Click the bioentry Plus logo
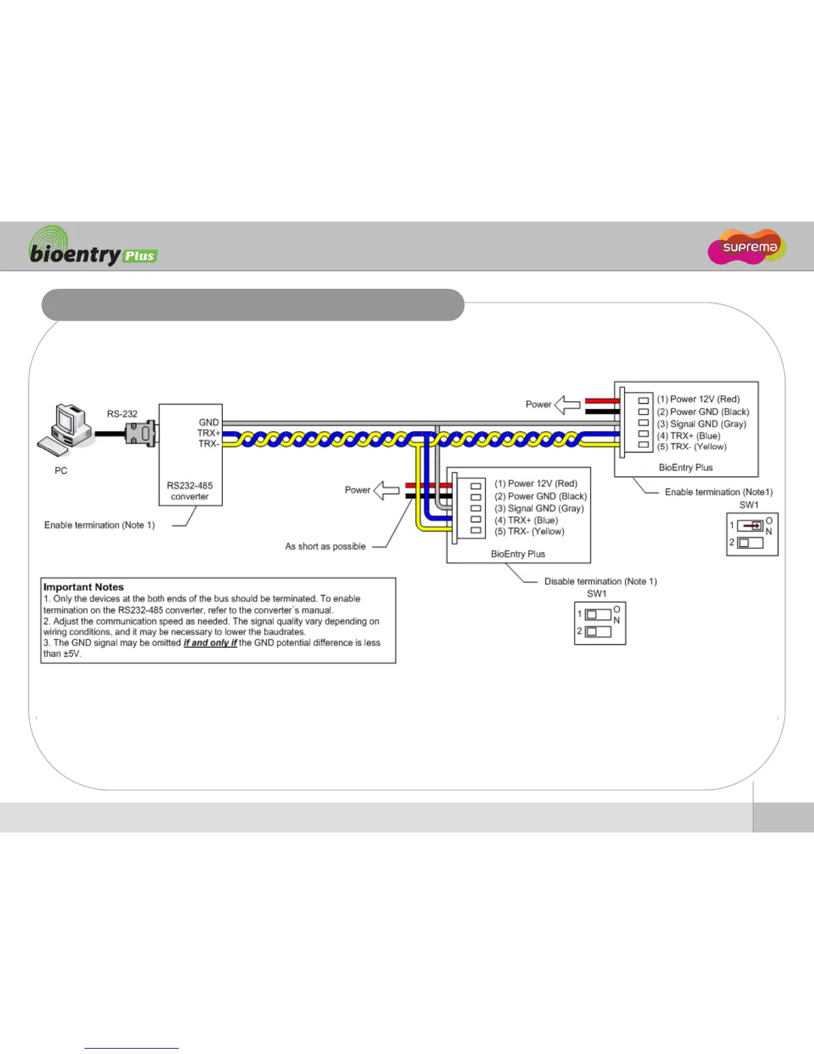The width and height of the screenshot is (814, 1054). tap(93, 247)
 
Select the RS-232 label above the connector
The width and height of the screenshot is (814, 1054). tap(122, 414)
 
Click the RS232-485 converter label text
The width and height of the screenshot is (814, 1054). tap(190, 491)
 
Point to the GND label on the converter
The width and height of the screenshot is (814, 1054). tap(208, 423)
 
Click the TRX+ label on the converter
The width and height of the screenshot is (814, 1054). tap(208, 433)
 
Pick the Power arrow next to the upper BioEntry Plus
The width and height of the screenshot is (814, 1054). tap(567, 405)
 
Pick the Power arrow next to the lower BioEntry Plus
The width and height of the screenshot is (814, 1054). tap(386, 490)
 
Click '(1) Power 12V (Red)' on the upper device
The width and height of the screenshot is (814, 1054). tap(698, 399)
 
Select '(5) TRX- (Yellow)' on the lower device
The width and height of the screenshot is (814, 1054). tap(529, 532)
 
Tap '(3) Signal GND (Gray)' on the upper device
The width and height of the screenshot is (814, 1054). tap(702, 424)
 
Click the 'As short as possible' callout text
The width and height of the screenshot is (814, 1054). tap(325, 546)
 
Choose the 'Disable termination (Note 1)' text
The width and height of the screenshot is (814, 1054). tap(601, 582)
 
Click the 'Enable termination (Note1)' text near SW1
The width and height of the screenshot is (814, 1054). tap(719, 492)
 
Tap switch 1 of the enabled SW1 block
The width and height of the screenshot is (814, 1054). tap(750, 526)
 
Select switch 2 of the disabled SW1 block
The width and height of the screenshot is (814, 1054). tap(598, 631)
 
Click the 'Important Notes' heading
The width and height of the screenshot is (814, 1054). tap(84, 587)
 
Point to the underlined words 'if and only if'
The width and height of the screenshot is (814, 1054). tap(210, 643)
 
